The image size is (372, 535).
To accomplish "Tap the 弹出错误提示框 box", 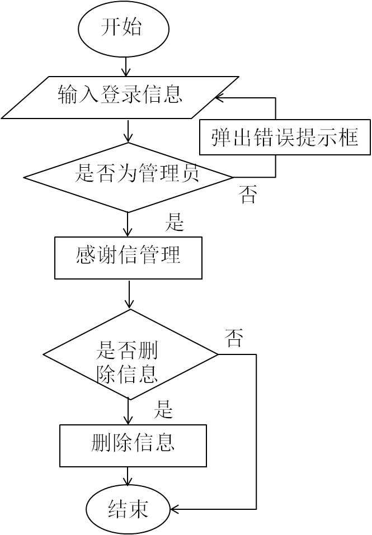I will click(x=285, y=137).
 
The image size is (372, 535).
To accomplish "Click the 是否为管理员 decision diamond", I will click(x=128, y=177).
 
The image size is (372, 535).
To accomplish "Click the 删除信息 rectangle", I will click(x=133, y=445).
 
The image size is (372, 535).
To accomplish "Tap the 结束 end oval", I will click(x=128, y=509).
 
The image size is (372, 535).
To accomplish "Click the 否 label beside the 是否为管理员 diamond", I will click(x=248, y=195).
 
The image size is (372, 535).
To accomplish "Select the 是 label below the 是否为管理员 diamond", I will click(x=175, y=223).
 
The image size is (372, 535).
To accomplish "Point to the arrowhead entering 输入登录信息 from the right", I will click(x=220, y=98).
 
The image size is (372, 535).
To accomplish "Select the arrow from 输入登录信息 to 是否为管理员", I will click(x=128, y=132).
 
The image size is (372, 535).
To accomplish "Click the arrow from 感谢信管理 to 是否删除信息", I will click(x=129, y=294).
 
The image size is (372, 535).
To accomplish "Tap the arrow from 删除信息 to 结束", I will click(x=129, y=477).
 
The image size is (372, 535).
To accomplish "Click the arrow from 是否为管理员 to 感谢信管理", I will click(x=128, y=225).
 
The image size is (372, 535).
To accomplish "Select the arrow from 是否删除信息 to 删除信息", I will click(x=129, y=413).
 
